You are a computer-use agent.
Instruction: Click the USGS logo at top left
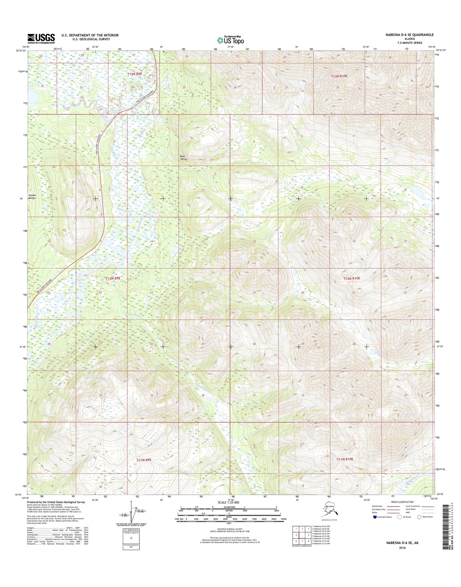[x=41, y=39]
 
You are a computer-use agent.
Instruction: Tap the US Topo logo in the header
[x=230, y=40]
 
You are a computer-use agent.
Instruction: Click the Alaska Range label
[x=32, y=196]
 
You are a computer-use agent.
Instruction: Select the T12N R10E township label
[x=352, y=278]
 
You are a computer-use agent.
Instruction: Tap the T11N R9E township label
[x=144, y=460]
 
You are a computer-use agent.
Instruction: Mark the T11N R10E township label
[x=345, y=459]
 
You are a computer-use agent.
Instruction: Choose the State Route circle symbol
[x=420, y=517]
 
